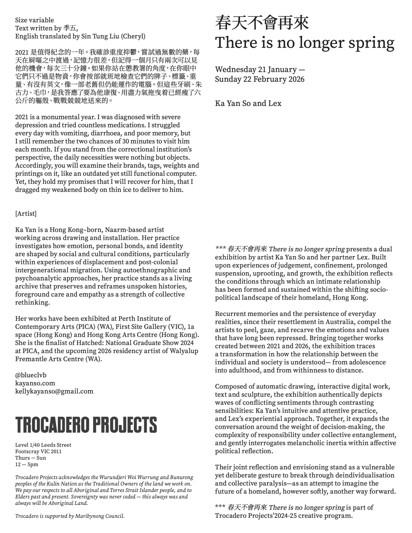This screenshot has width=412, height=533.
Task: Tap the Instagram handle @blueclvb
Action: (x=31, y=375)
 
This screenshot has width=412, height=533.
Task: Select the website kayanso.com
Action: (x=35, y=383)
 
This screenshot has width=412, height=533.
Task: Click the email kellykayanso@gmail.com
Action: (x=54, y=391)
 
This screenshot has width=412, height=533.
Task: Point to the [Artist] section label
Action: (x=26, y=213)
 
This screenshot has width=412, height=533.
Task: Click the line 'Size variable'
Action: (x=34, y=20)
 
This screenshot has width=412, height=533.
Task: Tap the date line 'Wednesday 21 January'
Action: (x=256, y=70)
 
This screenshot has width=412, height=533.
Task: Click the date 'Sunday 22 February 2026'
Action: (x=260, y=79)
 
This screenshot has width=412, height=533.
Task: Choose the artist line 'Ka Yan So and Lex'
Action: (x=248, y=103)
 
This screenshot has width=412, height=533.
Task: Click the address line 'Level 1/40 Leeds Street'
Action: (x=43, y=445)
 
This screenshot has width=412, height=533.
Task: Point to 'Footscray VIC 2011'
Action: (x=38, y=451)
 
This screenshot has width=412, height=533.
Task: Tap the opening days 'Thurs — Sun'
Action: (x=30, y=458)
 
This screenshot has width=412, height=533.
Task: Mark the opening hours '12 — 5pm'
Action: (x=27, y=465)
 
